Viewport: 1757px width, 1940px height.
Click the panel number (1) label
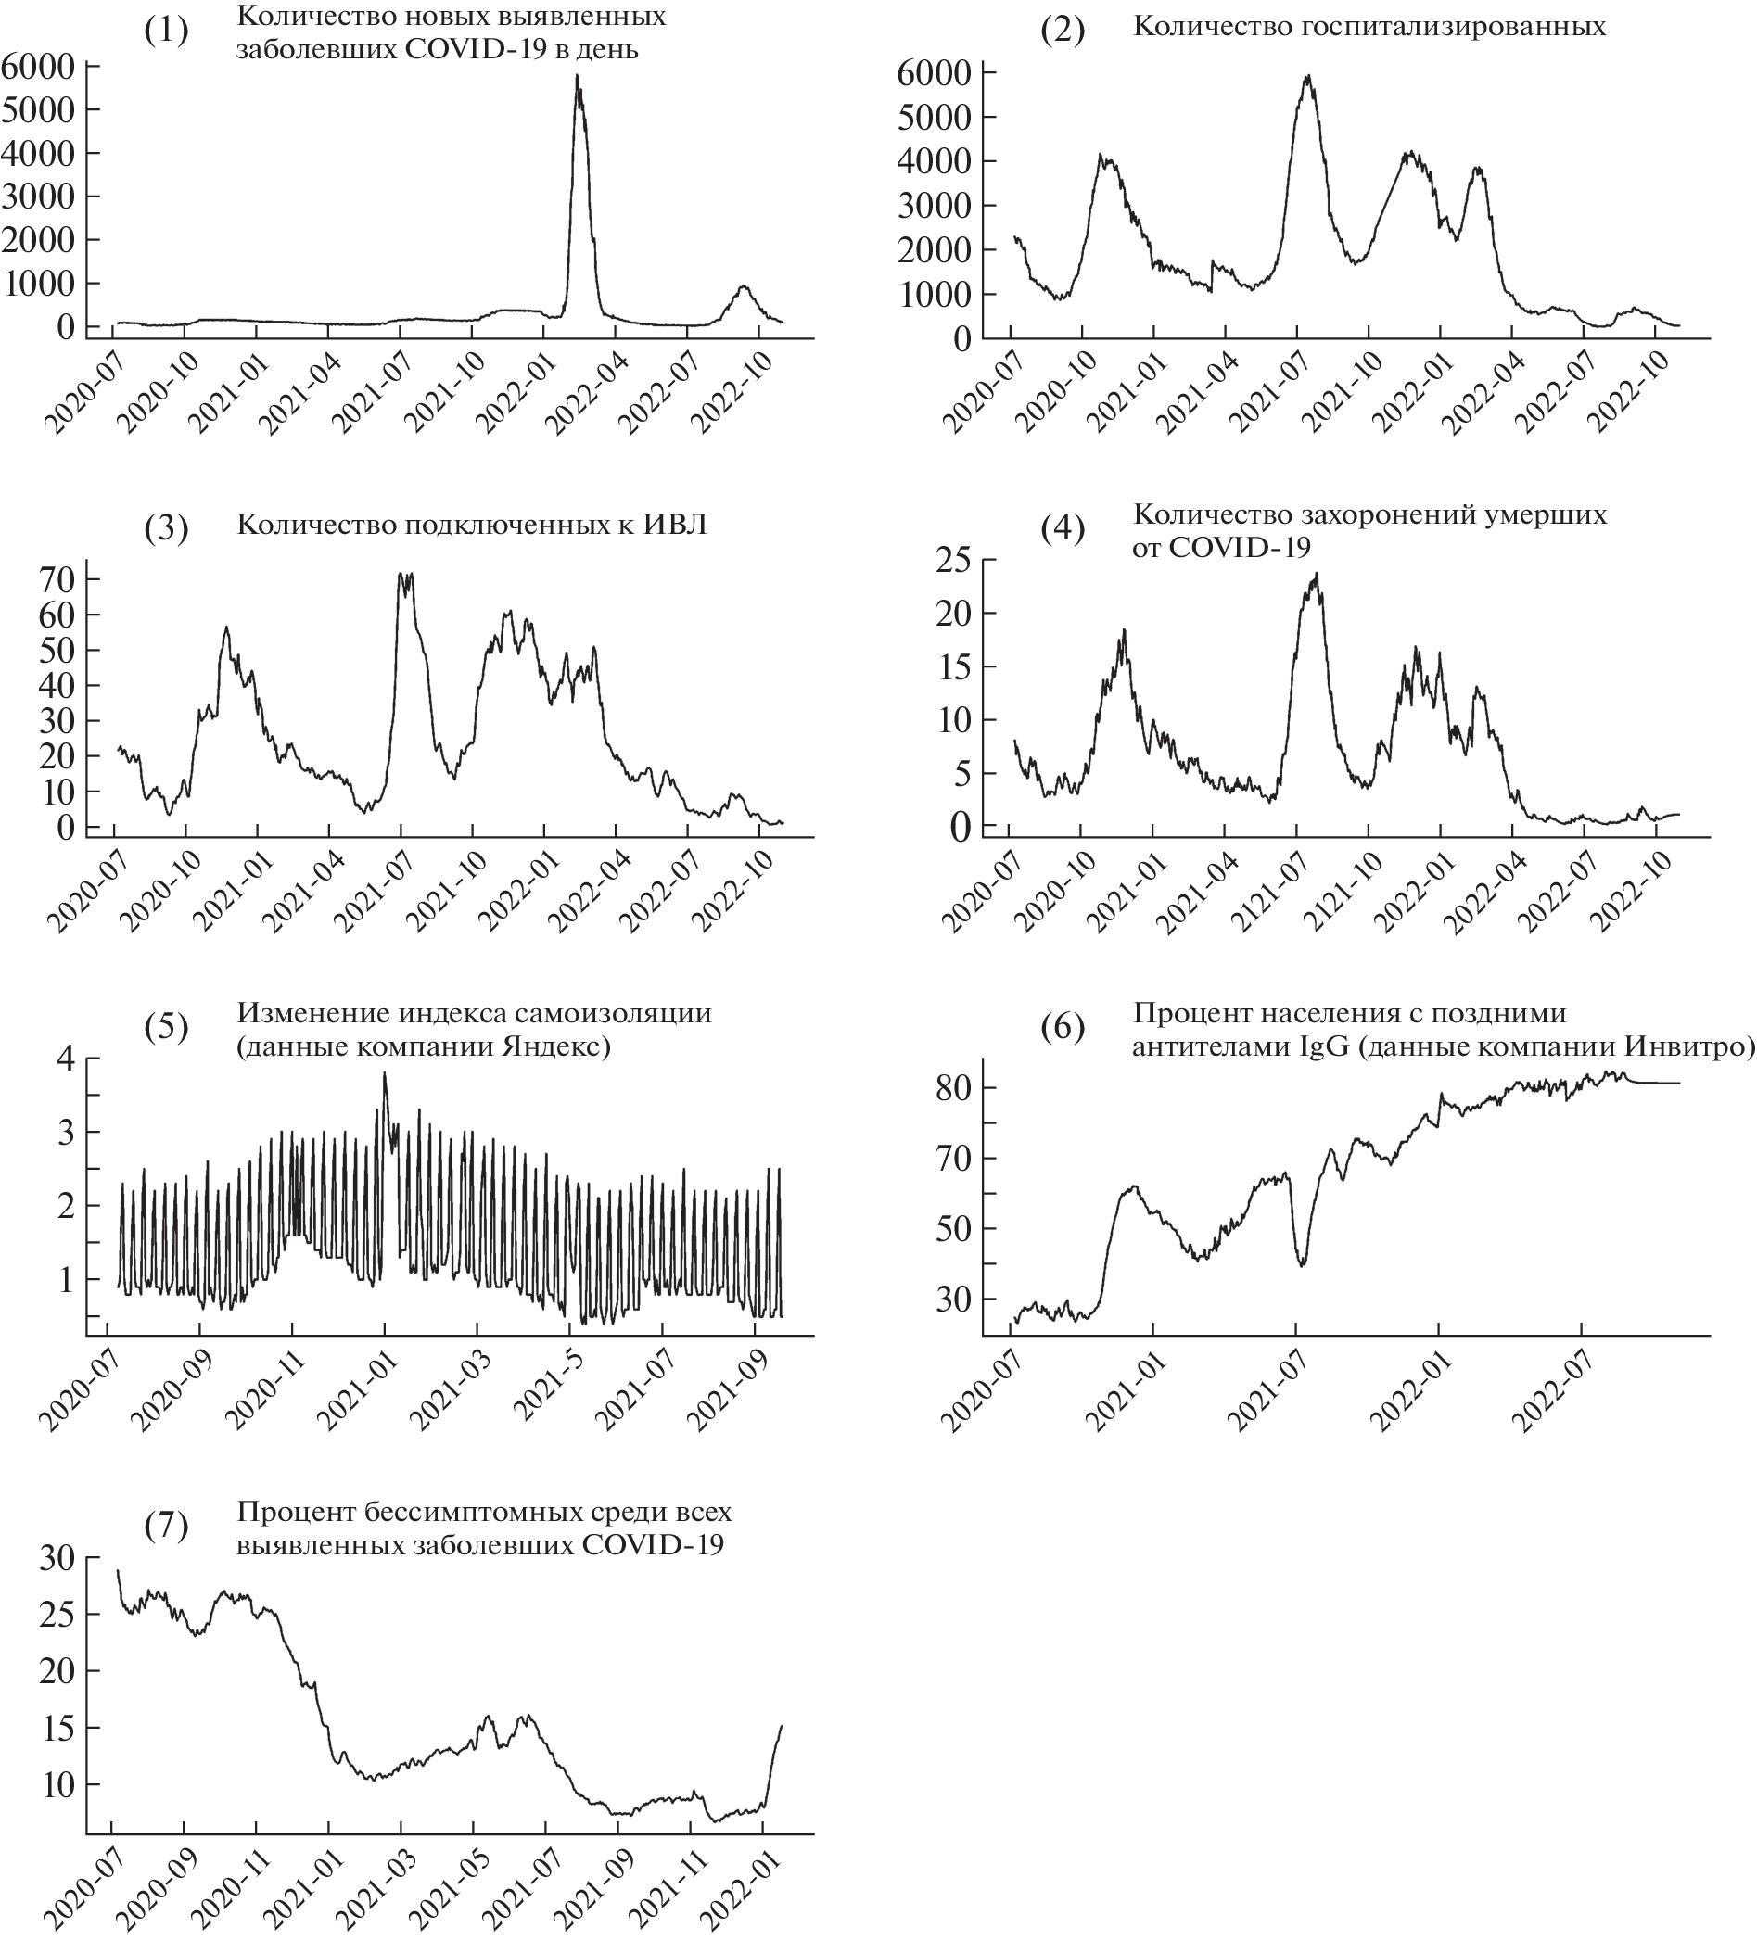coord(166,31)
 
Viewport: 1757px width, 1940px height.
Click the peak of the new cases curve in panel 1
coord(577,75)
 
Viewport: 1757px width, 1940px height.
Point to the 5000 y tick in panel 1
coord(39,109)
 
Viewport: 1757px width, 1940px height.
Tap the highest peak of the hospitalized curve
coord(1307,76)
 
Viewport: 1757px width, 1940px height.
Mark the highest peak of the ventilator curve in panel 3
coord(401,575)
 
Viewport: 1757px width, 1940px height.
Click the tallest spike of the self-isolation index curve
coord(384,1073)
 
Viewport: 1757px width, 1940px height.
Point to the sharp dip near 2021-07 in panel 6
coord(1303,1264)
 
